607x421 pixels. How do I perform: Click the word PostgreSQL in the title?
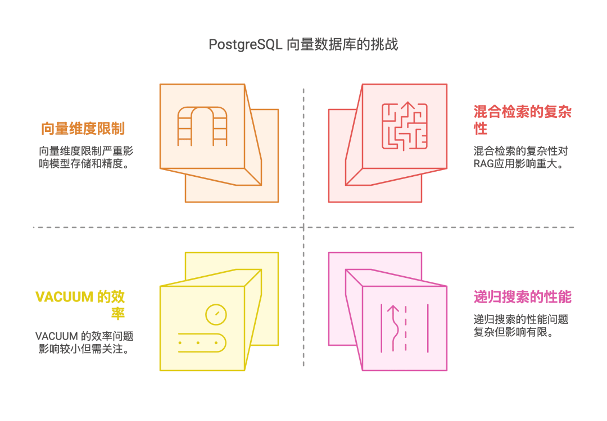click(x=246, y=45)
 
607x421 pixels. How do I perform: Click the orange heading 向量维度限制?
click(x=83, y=129)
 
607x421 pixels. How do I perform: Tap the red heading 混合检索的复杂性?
click(x=522, y=120)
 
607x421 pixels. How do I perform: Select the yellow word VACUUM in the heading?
click(x=64, y=297)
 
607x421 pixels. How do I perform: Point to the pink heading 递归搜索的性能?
click(x=523, y=297)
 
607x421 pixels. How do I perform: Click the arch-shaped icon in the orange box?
click(x=202, y=126)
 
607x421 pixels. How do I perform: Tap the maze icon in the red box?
click(x=405, y=126)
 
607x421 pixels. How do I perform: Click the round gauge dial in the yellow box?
click(x=216, y=314)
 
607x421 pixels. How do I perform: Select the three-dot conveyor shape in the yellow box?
click(x=202, y=342)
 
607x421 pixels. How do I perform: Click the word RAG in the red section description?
click(x=483, y=164)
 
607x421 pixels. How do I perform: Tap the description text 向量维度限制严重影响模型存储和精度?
click(x=86, y=157)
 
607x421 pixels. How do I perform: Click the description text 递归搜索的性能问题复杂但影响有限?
click(x=520, y=326)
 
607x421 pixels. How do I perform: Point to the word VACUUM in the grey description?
click(x=57, y=336)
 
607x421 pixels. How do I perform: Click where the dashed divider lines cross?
click(x=303, y=227)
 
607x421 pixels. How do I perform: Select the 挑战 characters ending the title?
click(x=384, y=45)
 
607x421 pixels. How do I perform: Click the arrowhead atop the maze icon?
click(x=407, y=105)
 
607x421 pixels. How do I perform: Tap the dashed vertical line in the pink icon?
click(x=406, y=328)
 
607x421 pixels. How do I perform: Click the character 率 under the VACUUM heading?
click(x=118, y=313)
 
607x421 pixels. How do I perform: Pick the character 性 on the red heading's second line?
click(x=481, y=129)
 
